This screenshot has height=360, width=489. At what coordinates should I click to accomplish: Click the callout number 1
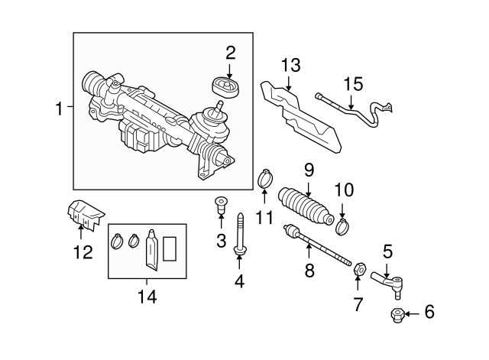pos(60,110)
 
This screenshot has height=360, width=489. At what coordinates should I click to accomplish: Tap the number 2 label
pos(230,53)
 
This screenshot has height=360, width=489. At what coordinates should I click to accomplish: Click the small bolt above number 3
pos(221,205)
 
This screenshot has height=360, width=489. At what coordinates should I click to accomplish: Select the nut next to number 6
pos(397,313)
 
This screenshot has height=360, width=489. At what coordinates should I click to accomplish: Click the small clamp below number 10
pos(342,225)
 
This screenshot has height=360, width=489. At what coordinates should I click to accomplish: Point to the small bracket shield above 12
pos(83,215)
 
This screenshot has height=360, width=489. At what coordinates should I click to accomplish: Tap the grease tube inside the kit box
pos(152,251)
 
